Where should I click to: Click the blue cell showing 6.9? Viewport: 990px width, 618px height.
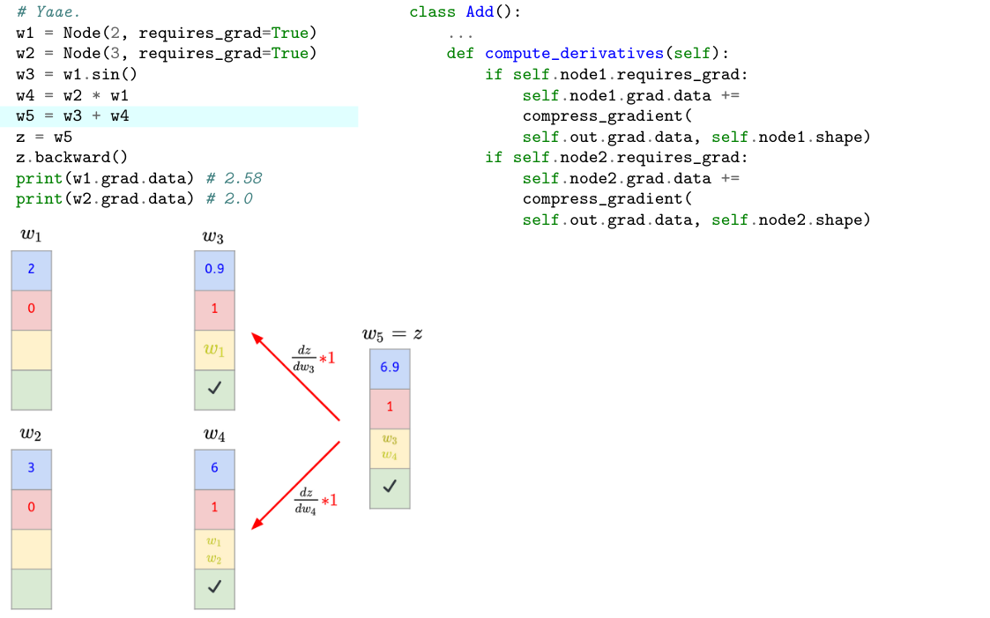click(390, 367)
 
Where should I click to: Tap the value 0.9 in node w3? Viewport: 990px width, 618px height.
click(214, 268)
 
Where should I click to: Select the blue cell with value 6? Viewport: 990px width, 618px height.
click(214, 468)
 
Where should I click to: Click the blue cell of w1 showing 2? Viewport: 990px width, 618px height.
click(31, 269)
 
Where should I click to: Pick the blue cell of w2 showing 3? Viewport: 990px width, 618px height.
click(31, 468)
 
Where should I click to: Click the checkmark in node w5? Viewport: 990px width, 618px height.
click(390, 485)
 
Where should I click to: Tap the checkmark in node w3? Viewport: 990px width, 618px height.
click(214, 388)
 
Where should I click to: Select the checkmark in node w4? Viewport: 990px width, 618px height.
click(214, 586)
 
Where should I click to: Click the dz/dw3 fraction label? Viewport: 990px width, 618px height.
click(304, 358)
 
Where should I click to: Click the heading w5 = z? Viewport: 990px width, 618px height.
click(392, 334)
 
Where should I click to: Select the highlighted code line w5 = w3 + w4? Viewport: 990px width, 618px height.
click(72, 116)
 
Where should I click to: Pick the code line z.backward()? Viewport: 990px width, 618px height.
click(72, 158)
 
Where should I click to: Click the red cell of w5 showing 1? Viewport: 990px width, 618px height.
click(390, 406)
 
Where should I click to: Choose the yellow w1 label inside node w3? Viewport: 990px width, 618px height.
click(214, 349)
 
